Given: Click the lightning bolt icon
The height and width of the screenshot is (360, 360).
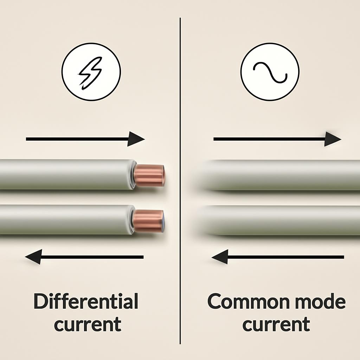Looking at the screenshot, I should click(x=90, y=73).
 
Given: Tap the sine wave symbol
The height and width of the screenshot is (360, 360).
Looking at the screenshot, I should click(x=270, y=72).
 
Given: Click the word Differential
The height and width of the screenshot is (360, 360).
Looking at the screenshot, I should click(x=86, y=302).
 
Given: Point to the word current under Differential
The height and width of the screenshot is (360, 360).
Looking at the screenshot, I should click(x=88, y=324).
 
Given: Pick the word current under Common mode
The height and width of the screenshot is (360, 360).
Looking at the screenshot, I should click(x=276, y=324).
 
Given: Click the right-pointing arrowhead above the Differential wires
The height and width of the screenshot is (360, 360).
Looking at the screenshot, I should click(x=136, y=139).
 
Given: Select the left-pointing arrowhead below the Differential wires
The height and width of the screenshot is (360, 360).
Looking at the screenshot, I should click(x=34, y=257).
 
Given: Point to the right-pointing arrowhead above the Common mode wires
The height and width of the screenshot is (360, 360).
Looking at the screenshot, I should click(x=332, y=139).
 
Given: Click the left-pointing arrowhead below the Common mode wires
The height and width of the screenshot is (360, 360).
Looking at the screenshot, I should click(x=220, y=257).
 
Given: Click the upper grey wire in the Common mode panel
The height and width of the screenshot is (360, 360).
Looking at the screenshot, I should click(x=278, y=175).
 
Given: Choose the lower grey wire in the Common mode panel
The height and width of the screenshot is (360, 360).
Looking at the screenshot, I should click(x=278, y=220).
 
